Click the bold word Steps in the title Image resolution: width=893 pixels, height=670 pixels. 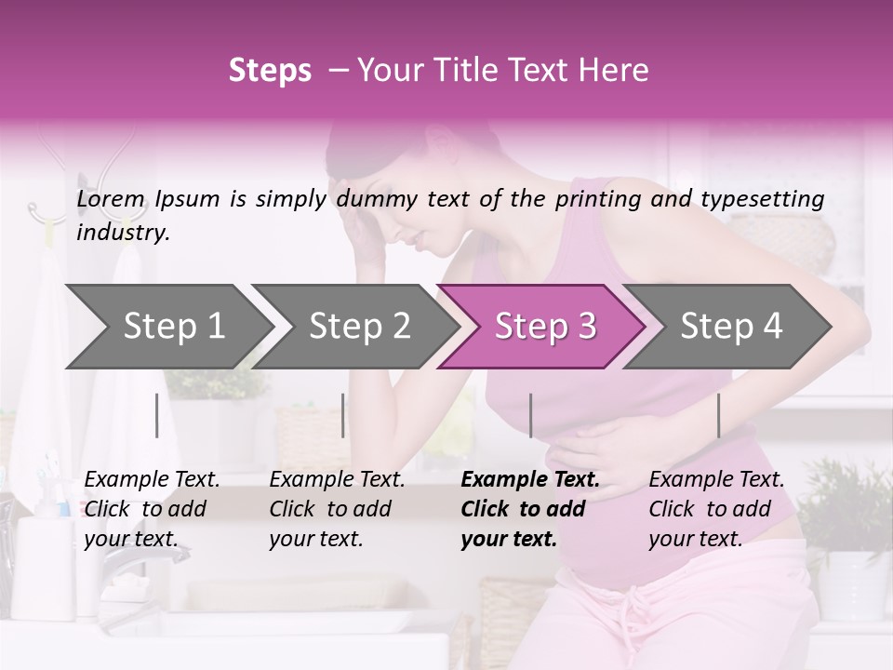pos(270,71)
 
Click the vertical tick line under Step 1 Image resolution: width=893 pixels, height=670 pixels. pos(157,415)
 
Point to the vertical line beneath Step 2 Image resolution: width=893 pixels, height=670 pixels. pos(343,415)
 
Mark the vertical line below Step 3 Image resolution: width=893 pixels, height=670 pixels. pos(531,415)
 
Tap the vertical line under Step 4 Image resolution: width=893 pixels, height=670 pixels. pos(718,415)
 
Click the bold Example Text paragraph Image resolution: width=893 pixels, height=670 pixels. pos(528,509)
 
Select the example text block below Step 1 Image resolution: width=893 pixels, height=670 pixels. pos(152,509)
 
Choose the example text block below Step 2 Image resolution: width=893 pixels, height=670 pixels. pos(337,509)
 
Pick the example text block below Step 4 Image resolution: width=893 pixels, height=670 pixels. pos(716,509)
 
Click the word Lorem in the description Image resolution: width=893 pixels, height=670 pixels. pos(111,199)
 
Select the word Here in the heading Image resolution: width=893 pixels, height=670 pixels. pos(616,71)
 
